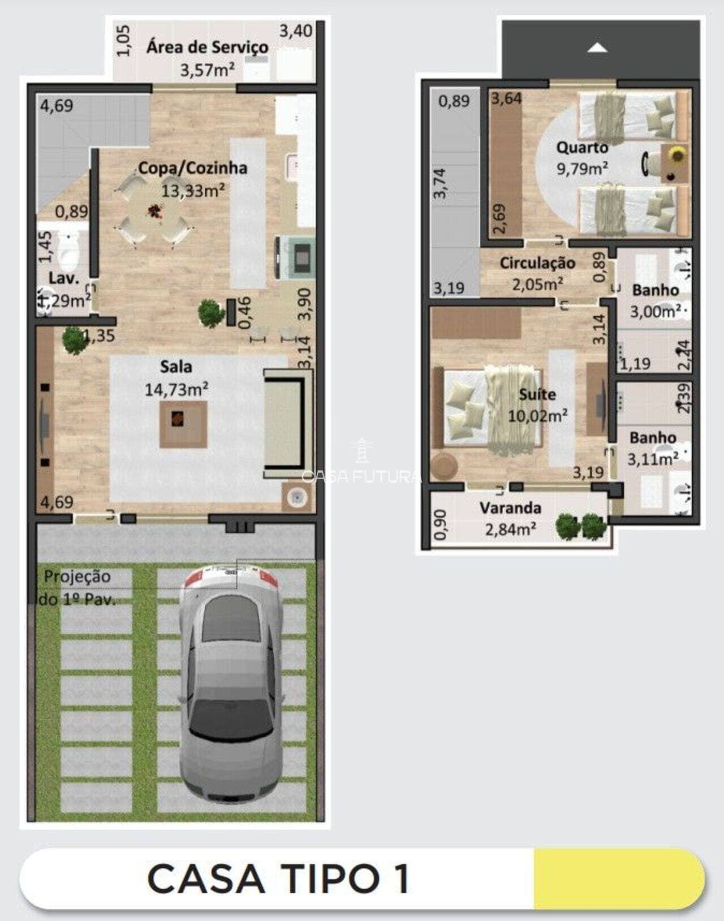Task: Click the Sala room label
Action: click(x=176, y=367)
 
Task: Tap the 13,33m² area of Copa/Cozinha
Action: click(x=193, y=191)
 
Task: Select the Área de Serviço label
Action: click(x=207, y=47)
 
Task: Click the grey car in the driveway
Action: click(x=231, y=685)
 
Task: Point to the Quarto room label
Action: click(x=582, y=148)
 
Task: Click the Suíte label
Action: click(x=537, y=394)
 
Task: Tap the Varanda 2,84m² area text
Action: click(x=510, y=530)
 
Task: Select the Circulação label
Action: click(x=537, y=263)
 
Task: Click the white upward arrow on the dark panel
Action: click(x=597, y=48)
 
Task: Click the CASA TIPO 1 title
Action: click(x=278, y=879)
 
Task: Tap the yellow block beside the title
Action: click(x=618, y=879)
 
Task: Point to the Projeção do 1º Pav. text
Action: click(x=77, y=588)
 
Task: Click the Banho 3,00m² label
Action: click(x=655, y=300)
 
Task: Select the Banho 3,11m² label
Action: click(x=653, y=448)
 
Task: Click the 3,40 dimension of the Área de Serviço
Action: click(x=295, y=31)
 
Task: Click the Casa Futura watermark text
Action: click(x=362, y=476)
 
